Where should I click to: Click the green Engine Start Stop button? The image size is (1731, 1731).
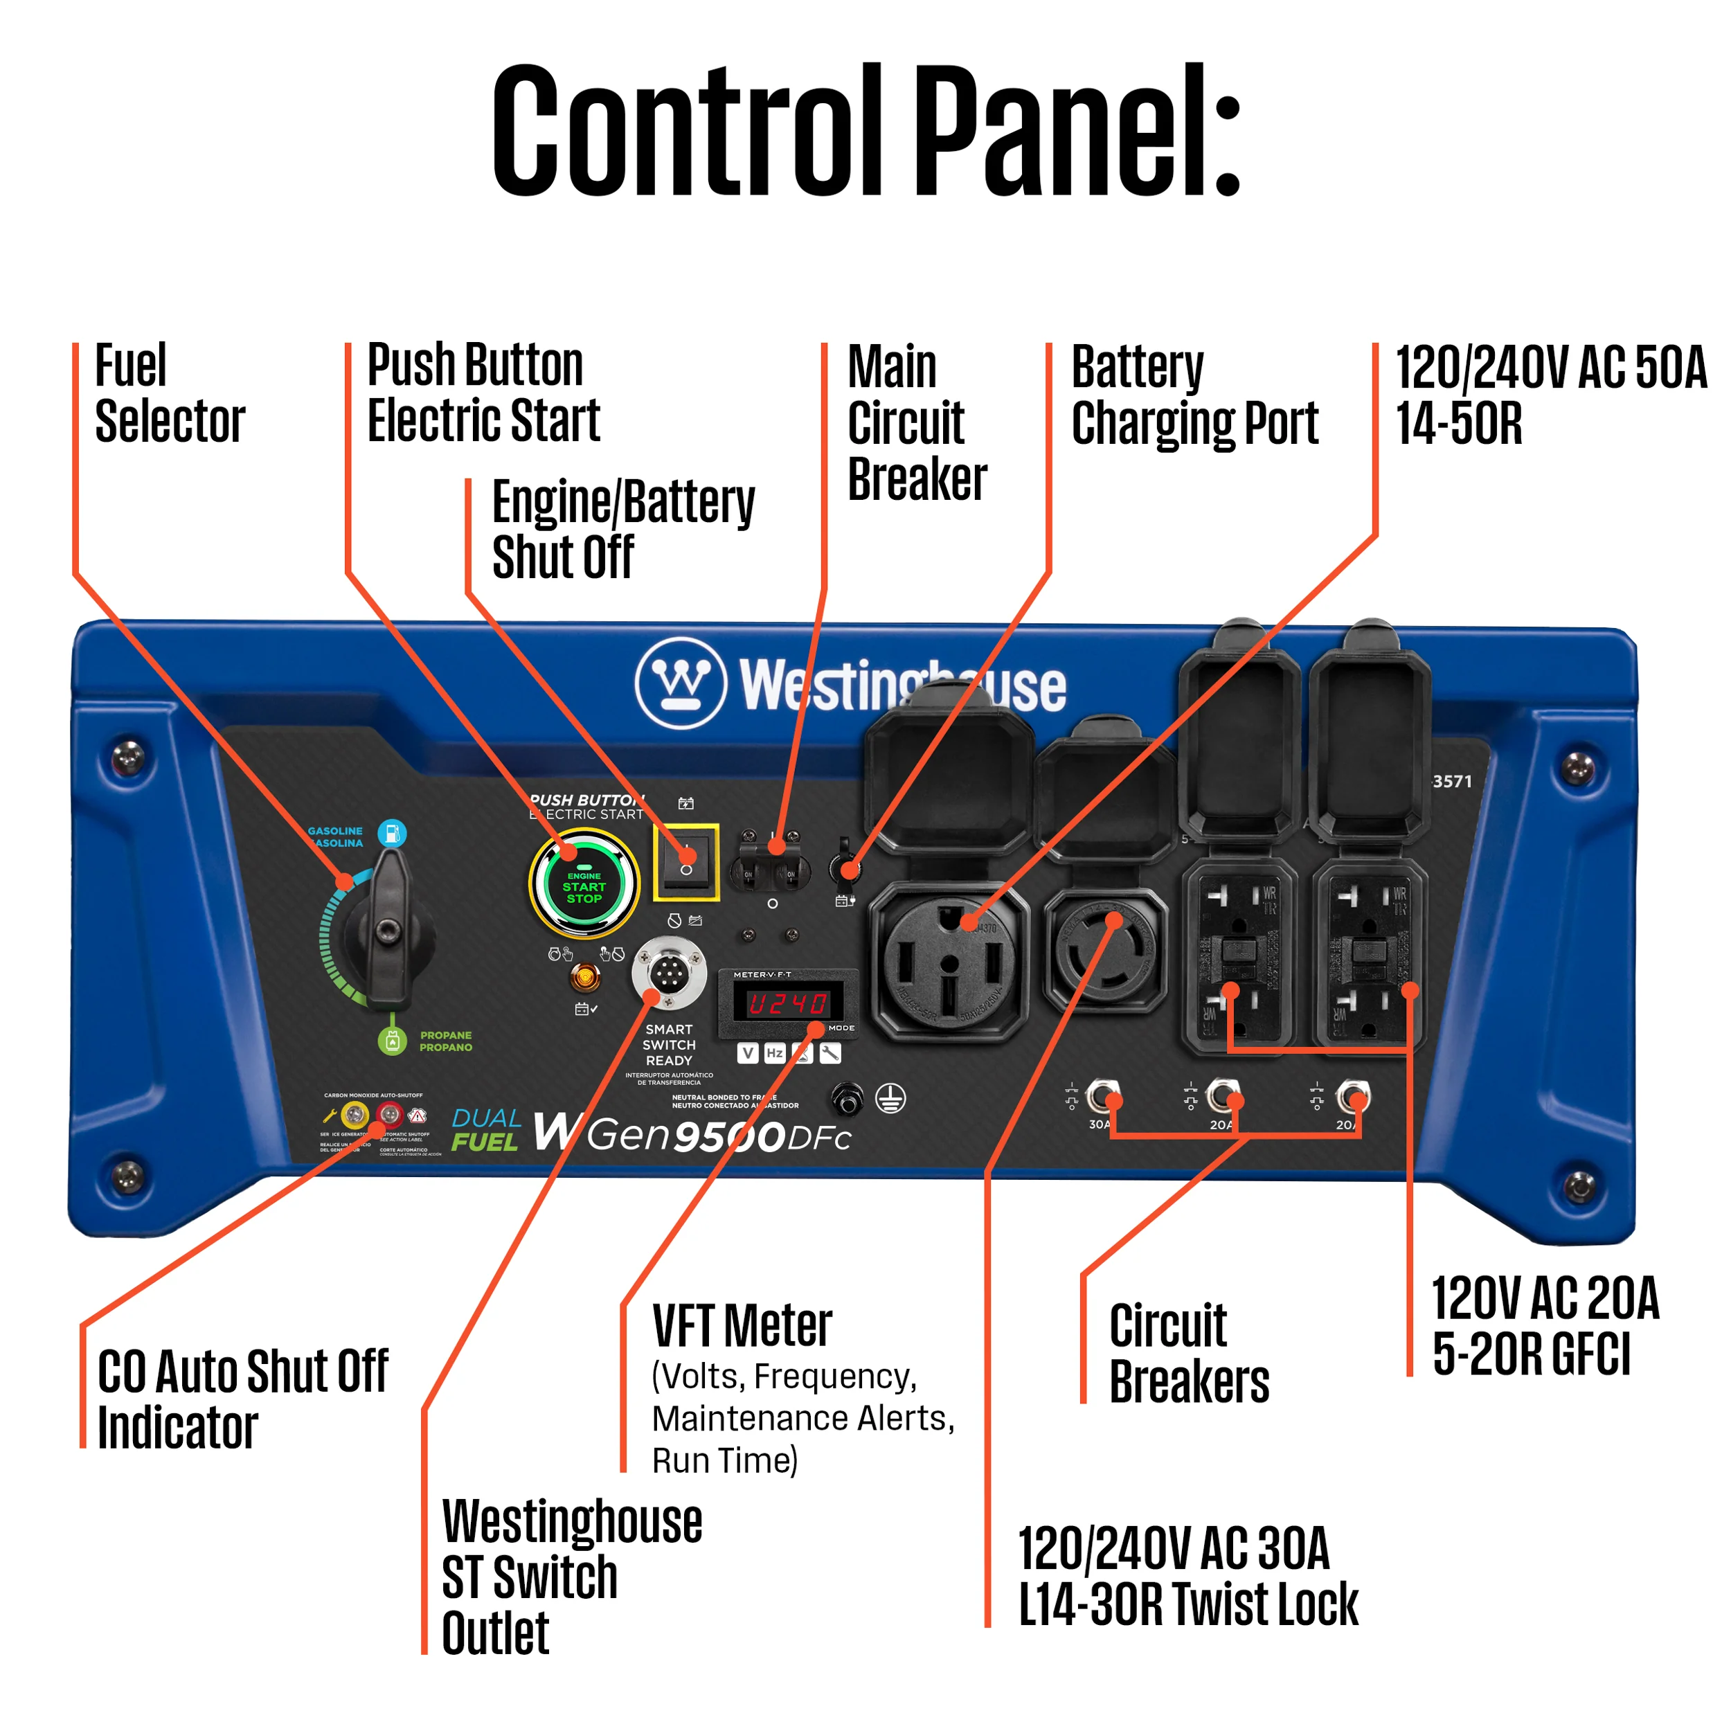[x=584, y=885]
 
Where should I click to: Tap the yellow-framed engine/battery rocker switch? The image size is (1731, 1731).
[x=685, y=861]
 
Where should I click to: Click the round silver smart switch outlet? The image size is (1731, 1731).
[x=668, y=972]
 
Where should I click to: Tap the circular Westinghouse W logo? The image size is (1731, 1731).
[x=680, y=683]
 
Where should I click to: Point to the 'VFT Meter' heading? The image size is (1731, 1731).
[x=742, y=1327]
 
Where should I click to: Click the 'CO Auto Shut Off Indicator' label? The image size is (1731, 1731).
[x=242, y=1399]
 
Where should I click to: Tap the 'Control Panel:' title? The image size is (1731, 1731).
[x=865, y=132]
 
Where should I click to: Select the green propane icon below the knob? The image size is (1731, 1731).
[x=393, y=1040]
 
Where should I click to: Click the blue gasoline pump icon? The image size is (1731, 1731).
[x=391, y=833]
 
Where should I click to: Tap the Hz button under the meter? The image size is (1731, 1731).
[x=774, y=1052]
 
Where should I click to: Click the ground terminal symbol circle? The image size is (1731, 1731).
[x=890, y=1097]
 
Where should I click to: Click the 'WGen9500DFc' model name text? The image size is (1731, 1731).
[x=692, y=1133]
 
